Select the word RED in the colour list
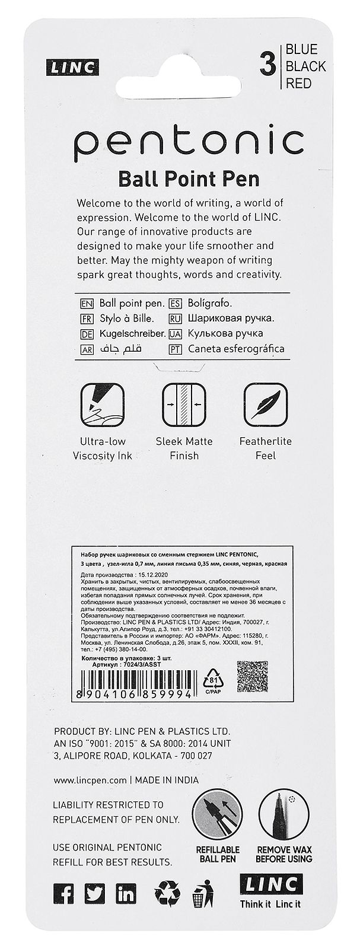point(298,84)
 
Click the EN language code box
point(87,304)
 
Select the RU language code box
point(176,319)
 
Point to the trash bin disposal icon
point(203,895)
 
